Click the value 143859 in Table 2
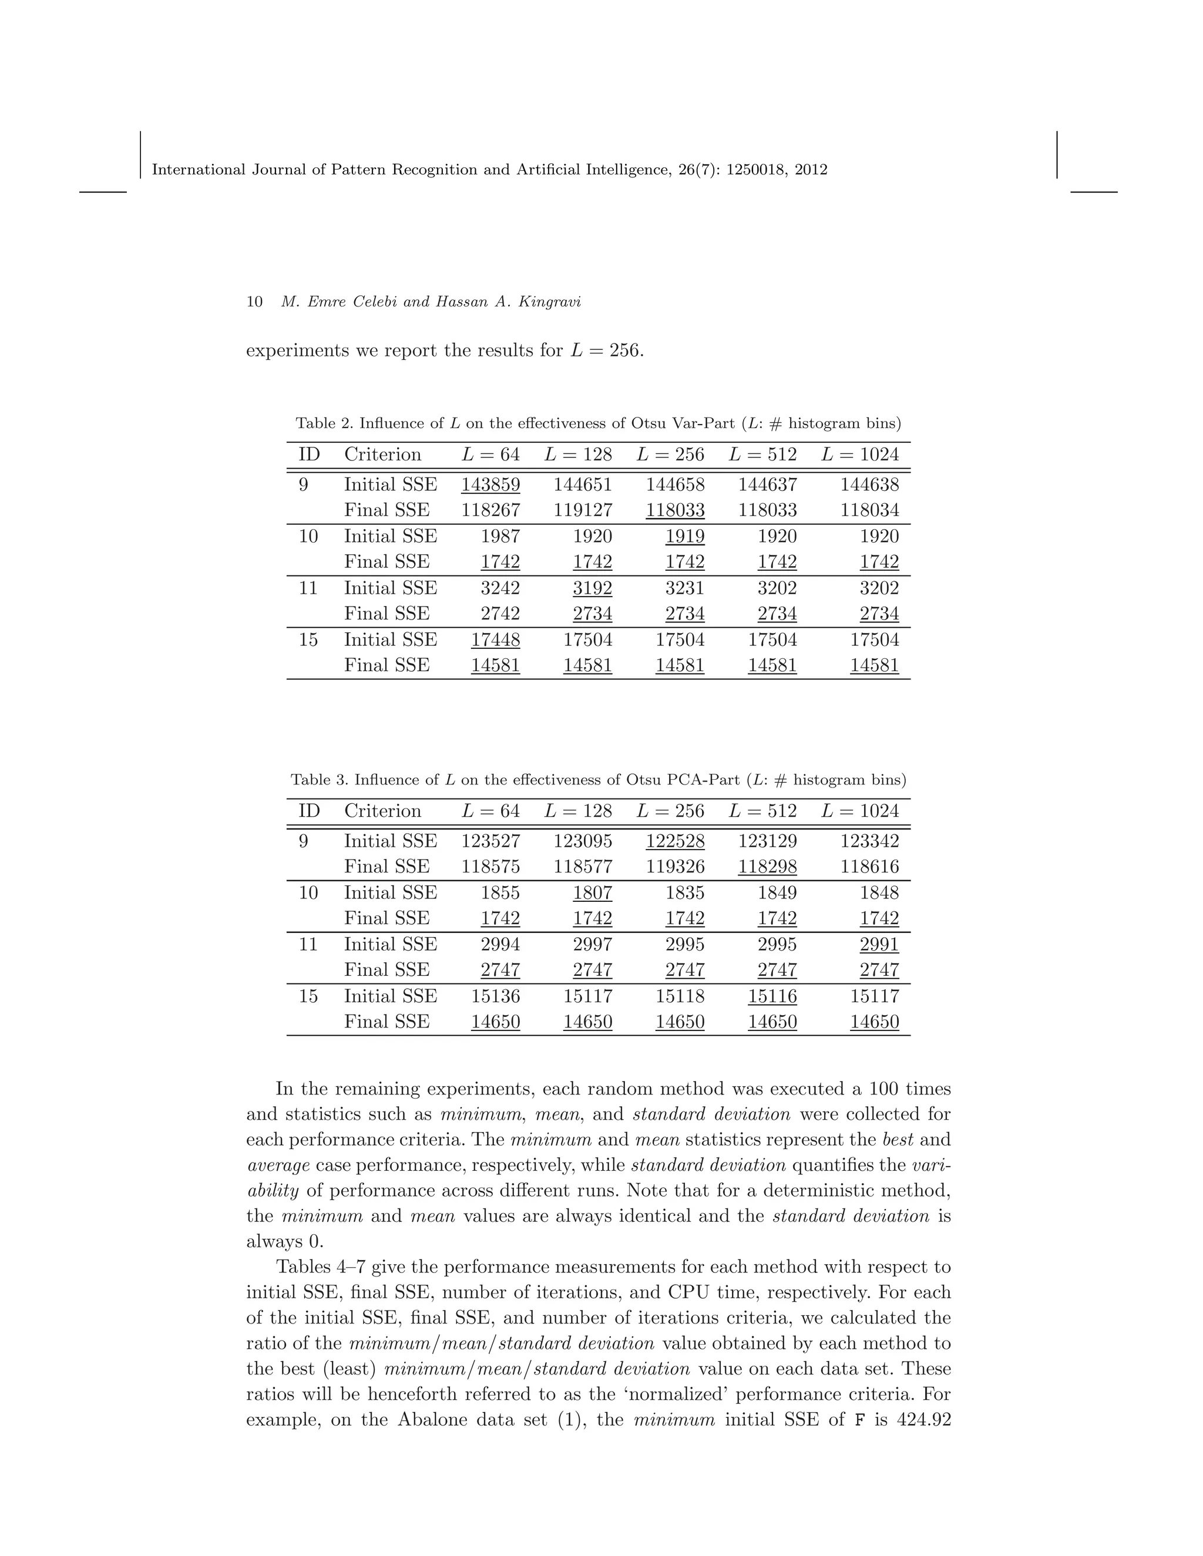pos(490,484)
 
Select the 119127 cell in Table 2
pos(582,510)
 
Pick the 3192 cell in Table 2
pos(592,588)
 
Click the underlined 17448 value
pos(495,640)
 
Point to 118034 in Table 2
pos(869,510)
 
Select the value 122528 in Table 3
pos(675,841)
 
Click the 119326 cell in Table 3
pos(675,866)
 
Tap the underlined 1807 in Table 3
pos(592,892)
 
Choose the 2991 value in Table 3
pos(879,944)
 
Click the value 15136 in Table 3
pos(495,996)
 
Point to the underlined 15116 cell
pos(772,996)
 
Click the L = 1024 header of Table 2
pos(860,454)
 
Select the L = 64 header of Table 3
pos(490,811)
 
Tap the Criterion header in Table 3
pos(383,811)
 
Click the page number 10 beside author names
pos(254,302)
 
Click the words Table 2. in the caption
pos(324,423)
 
